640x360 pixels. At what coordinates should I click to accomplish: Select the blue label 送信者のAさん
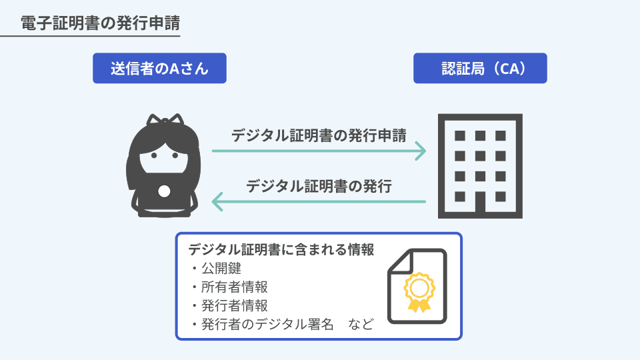pos(160,68)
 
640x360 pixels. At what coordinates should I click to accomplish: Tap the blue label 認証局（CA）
pos(480,68)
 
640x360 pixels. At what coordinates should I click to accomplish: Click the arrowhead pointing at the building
pos(420,151)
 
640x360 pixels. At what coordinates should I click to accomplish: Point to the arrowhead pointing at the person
pos(217,200)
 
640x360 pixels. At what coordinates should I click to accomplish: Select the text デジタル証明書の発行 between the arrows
pos(319,185)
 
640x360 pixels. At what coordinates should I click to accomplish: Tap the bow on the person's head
pos(165,120)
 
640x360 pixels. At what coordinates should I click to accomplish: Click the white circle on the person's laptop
pos(165,192)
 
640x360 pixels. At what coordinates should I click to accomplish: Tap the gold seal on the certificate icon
pos(419,289)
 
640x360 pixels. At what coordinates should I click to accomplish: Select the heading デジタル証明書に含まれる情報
pos(281,250)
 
